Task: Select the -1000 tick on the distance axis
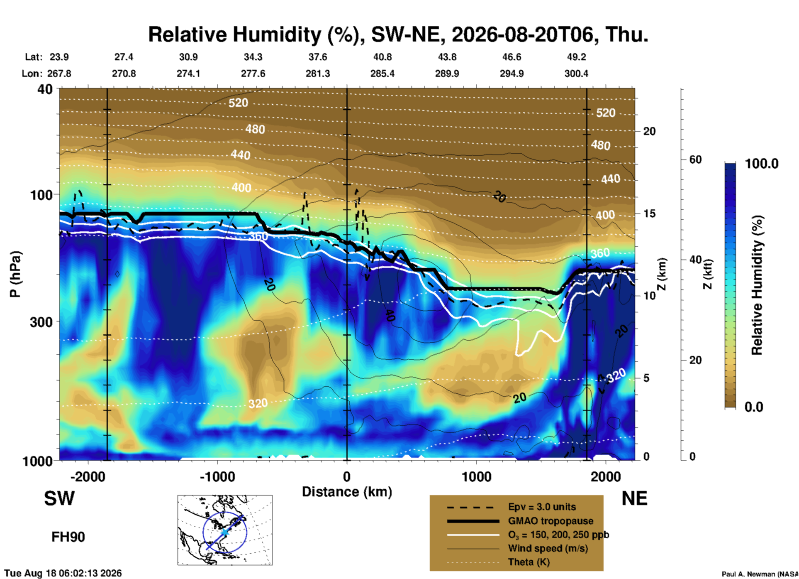[x=217, y=476]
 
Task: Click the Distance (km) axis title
[x=347, y=492]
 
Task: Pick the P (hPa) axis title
[x=15, y=274]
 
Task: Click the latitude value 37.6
[x=318, y=57]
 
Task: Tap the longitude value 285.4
[x=382, y=74]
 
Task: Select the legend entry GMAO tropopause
[x=551, y=521]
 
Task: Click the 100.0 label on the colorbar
[x=762, y=164]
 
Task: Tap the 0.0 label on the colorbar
[x=753, y=407]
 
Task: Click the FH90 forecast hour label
[x=68, y=537]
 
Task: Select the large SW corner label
[x=59, y=498]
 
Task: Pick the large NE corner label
[x=634, y=498]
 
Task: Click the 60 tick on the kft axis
[x=695, y=159]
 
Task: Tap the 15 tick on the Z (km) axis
[x=649, y=213]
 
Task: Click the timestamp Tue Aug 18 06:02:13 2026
[x=63, y=573]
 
